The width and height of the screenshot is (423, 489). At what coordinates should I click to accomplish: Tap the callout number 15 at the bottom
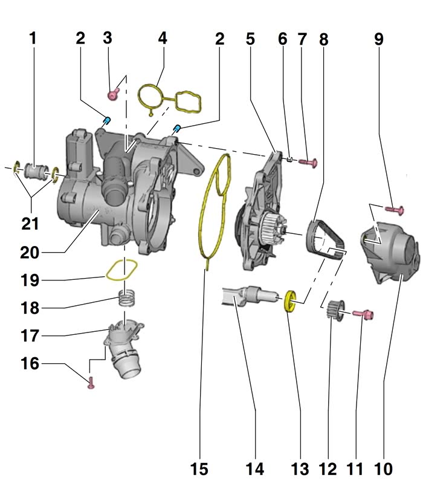(x=199, y=469)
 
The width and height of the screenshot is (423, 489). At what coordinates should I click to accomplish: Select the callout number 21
(x=30, y=224)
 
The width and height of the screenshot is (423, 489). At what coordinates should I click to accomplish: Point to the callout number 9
(x=378, y=39)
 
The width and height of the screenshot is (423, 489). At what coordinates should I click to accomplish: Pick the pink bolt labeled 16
(x=91, y=382)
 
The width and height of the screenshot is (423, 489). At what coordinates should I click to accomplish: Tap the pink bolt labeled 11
(x=364, y=313)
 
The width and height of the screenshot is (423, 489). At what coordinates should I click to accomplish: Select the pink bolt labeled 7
(x=309, y=161)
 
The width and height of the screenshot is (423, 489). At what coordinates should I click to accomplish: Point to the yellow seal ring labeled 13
(x=290, y=300)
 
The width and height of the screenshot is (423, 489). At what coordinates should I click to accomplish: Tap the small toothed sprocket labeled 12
(x=333, y=310)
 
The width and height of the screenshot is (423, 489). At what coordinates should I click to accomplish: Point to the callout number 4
(x=162, y=39)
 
